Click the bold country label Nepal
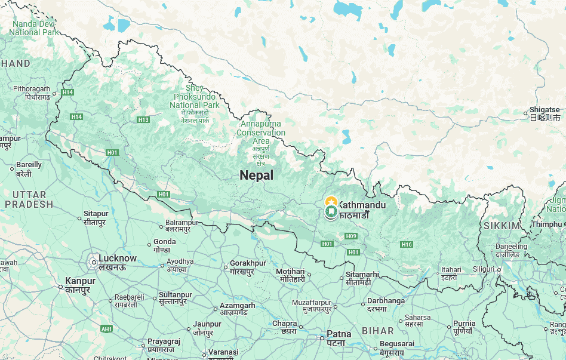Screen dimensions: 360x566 pos(256,176)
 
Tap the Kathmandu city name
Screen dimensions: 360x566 pos(362,205)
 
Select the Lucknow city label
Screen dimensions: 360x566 pos(118,259)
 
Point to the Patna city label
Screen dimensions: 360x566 pos(339,334)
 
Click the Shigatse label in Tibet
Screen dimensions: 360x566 pos(545,110)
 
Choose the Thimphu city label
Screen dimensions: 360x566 pos(546,224)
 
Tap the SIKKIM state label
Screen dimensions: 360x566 pos(502,226)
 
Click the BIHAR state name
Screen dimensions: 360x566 pos(377,331)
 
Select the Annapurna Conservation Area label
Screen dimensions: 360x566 pos(261,133)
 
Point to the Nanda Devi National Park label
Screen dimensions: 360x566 pos(35,28)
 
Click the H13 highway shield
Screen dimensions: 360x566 pos(143,120)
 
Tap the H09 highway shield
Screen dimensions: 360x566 pos(350,237)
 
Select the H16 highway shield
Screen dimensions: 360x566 pos(407,244)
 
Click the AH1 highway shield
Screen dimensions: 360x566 pos(107,329)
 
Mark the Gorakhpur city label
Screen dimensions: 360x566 pos(248,263)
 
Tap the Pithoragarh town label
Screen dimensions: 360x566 pos(32,89)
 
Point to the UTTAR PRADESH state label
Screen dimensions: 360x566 pos(29,199)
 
